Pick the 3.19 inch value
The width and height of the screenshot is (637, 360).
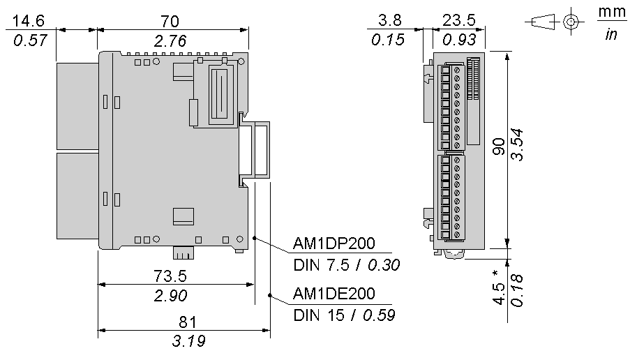(x=188, y=342)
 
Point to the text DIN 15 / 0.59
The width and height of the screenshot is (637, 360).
(x=344, y=315)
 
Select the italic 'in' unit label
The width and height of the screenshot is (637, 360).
(x=610, y=33)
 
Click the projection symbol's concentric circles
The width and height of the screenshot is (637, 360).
(x=571, y=22)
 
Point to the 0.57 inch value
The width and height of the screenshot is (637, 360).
(x=30, y=40)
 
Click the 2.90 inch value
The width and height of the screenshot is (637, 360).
(x=170, y=295)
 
